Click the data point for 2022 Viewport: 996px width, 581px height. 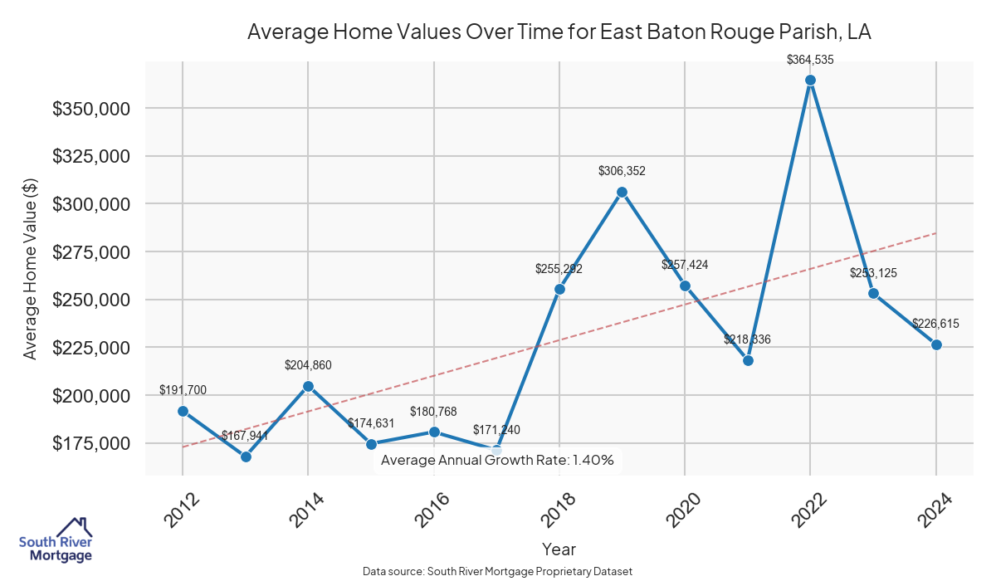[x=810, y=81]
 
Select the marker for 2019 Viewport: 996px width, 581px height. [x=622, y=192]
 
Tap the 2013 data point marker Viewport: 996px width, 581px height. [x=246, y=456]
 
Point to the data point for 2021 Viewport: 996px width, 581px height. [x=748, y=360]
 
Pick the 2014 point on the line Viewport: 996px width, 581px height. [x=308, y=386]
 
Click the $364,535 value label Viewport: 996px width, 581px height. [x=810, y=59]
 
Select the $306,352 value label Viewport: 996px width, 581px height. [x=622, y=171]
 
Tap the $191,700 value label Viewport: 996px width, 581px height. [x=183, y=390]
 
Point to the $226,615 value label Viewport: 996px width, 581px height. [x=935, y=325]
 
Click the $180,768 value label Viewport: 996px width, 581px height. [x=433, y=412]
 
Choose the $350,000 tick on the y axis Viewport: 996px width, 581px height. [x=91, y=109]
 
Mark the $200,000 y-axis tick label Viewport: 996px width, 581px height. [x=91, y=396]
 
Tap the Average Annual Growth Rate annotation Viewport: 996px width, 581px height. [x=497, y=461]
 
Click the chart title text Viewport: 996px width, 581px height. [x=559, y=32]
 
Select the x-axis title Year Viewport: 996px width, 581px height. [x=559, y=549]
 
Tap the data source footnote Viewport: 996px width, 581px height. [x=497, y=571]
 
